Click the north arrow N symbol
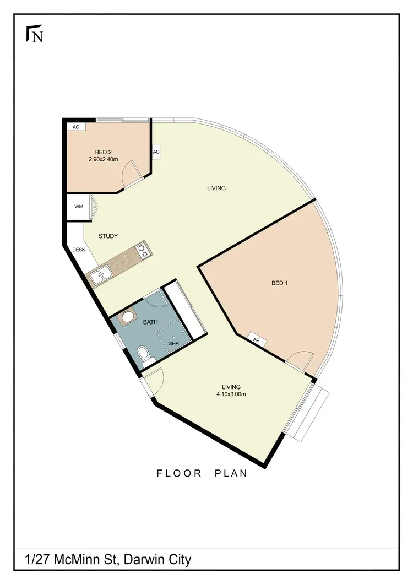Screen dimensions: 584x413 pyautogui.click(x=35, y=35)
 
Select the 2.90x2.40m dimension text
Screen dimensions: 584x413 pyautogui.click(x=104, y=159)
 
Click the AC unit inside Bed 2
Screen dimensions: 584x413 pyautogui.click(x=76, y=127)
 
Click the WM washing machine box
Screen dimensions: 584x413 pyautogui.click(x=79, y=207)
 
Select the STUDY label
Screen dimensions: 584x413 pyautogui.click(x=108, y=236)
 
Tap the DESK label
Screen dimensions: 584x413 pyautogui.click(x=79, y=250)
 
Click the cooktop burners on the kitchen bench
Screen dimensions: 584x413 pyautogui.click(x=143, y=251)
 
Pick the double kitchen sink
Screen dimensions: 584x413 pyautogui.click(x=100, y=274)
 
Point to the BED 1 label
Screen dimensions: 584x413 pyautogui.click(x=280, y=283)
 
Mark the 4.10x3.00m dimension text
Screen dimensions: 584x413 pyautogui.click(x=231, y=394)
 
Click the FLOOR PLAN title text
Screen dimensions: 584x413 pyautogui.click(x=202, y=473)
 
